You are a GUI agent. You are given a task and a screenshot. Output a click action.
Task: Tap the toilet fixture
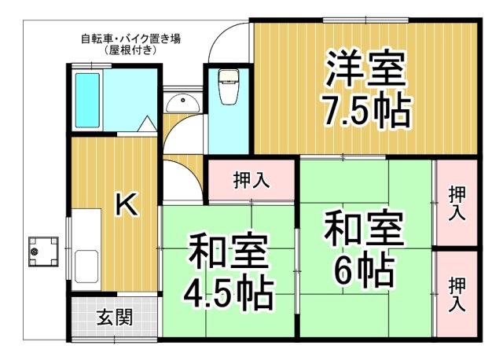coord(229,86)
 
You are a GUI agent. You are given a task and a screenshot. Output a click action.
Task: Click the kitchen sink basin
coord(86,266)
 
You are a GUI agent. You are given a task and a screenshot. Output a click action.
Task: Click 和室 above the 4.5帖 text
coord(228,253)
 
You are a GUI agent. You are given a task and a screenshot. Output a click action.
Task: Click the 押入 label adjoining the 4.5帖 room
coord(251,180)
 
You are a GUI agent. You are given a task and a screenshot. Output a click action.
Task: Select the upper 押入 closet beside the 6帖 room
coord(457,203)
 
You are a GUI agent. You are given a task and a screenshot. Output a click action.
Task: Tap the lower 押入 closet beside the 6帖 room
coord(457,294)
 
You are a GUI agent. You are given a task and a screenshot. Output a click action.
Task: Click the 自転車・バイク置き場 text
coord(130,38)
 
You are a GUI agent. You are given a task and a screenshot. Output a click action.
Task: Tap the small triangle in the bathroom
coord(147,123)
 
